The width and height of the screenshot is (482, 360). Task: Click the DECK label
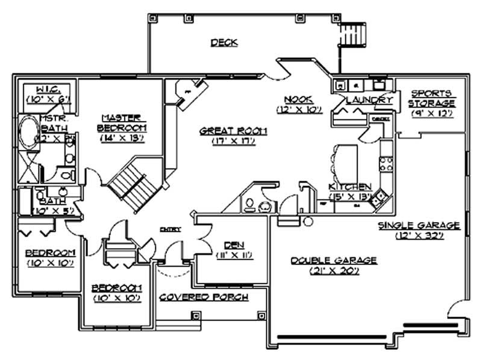224,43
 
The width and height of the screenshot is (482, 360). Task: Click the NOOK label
299,99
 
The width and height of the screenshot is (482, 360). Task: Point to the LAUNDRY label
369,100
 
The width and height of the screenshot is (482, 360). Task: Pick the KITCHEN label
350,187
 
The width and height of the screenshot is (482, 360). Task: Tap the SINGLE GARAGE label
419,225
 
